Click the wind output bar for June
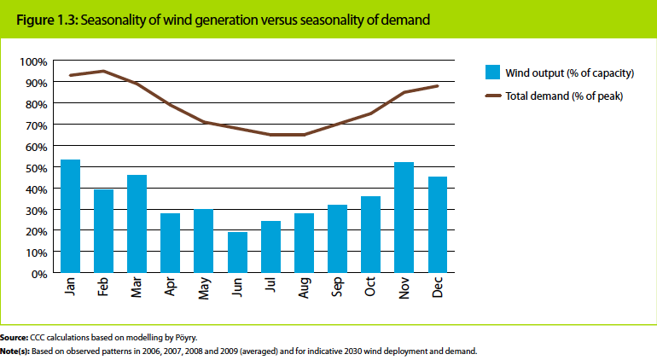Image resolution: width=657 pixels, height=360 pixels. [x=237, y=253]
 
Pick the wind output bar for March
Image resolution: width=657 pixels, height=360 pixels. [x=137, y=224]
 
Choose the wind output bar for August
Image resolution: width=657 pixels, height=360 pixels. [x=304, y=243]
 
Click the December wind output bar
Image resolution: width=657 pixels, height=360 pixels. [x=438, y=225]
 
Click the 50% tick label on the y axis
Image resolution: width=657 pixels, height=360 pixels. [x=35, y=167]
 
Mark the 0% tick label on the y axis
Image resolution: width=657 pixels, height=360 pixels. [x=38, y=274]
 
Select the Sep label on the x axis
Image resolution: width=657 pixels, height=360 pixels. [x=338, y=288]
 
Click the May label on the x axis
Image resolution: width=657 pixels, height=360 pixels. [x=204, y=289]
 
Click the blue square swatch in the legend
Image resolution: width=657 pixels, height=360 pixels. [x=491, y=72]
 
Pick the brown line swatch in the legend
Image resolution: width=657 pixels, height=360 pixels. [x=491, y=96]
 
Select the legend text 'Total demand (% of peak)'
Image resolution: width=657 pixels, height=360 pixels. [x=564, y=96]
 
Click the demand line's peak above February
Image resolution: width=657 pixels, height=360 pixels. [x=103, y=71]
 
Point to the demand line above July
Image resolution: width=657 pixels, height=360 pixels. [x=270, y=135]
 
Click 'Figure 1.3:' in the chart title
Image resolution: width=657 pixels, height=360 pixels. [x=44, y=19]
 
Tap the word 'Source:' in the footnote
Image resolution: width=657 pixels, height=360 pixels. [x=15, y=338]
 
